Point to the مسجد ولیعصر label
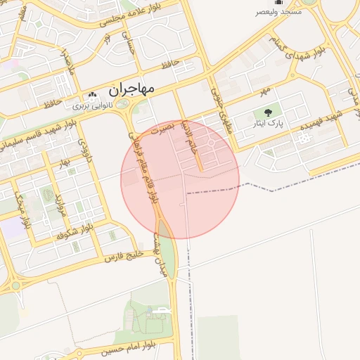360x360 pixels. pos(280,12)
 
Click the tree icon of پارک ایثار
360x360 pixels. pos(267,112)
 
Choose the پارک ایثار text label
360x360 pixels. pos(267,124)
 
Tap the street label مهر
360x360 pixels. pos(264,91)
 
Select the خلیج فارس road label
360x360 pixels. pos(124,255)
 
